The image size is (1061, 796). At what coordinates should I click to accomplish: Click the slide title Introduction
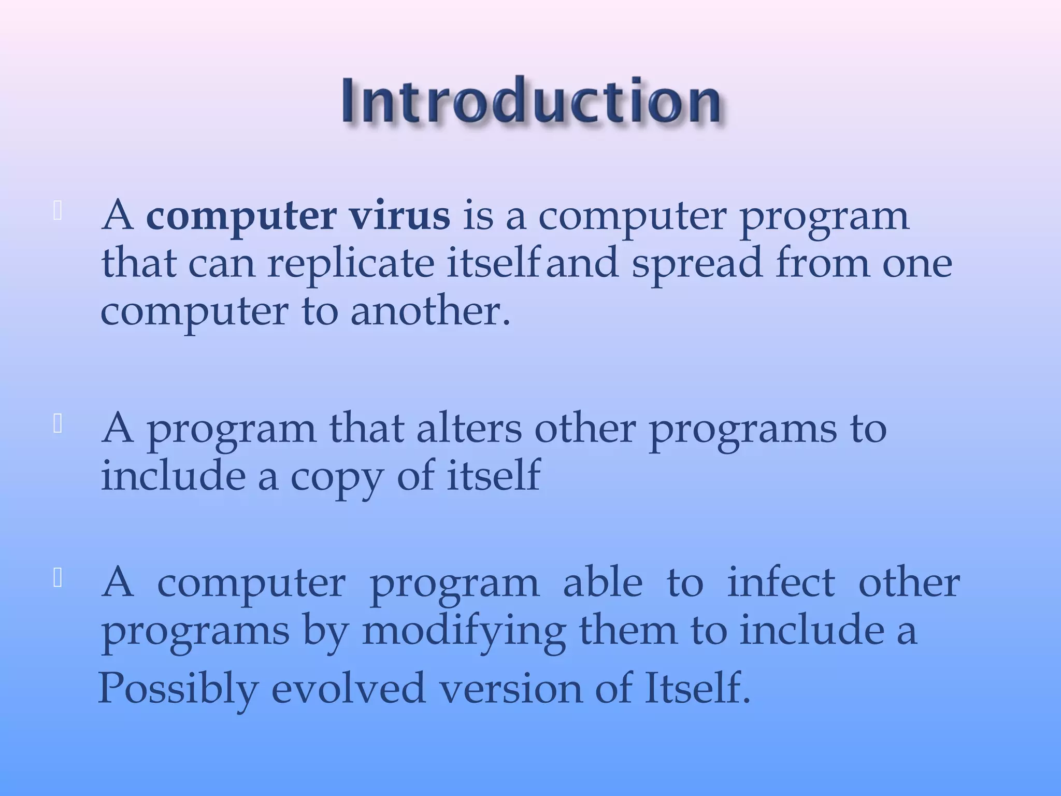pos(530,101)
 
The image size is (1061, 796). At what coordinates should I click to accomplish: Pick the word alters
pos(469,429)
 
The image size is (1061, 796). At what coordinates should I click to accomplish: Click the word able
pos(603,582)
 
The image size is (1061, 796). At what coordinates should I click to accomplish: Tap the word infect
pos(781,582)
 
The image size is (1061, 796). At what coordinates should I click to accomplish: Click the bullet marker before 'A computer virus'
pos(58,212)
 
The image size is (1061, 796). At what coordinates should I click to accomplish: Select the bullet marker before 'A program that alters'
pos(58,424)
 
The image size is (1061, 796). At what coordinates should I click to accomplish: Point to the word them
pos(628,631)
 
